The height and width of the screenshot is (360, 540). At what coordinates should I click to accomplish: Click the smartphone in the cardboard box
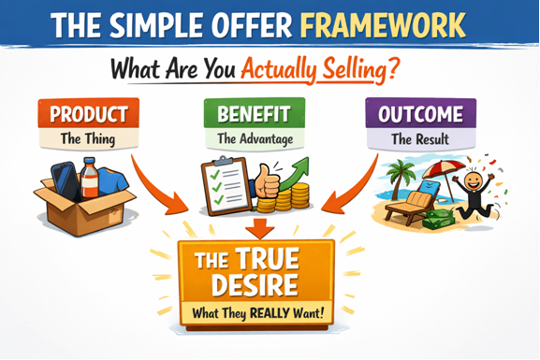[63, 180]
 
